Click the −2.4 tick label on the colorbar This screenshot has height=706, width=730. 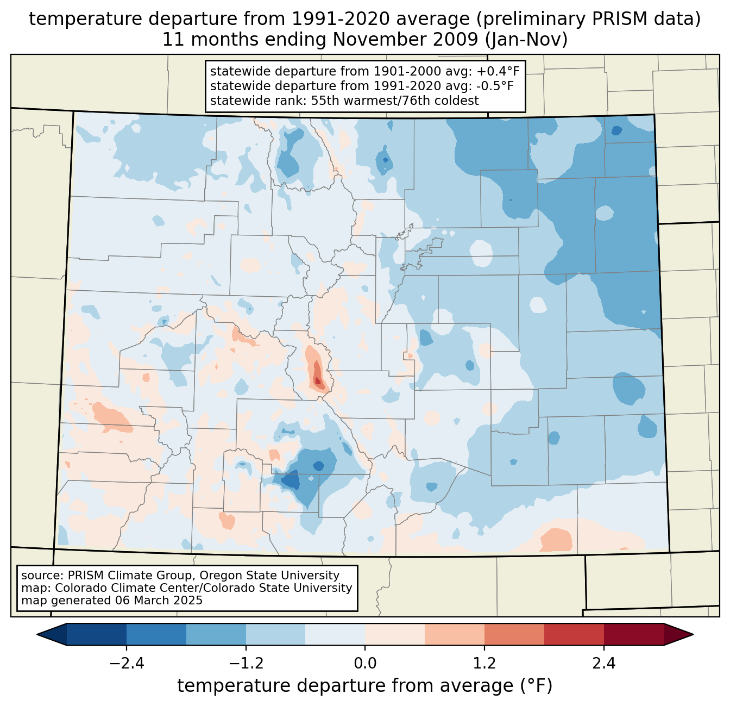pyautogui.click(x=126, y=664)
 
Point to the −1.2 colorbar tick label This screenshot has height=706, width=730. pyautogui.click(x=246, y=664)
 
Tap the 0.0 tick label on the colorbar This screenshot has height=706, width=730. pyautogui.click(x=365, y=664)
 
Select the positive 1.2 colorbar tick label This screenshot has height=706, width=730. pyautogui.click(x=484, y=664)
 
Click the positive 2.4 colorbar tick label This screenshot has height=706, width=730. pyautogui.click(x=604, y=664)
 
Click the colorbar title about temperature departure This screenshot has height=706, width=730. pyautogui.click(x=365, y=686)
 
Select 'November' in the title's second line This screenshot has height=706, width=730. pyautogui.click(x=369, y=40)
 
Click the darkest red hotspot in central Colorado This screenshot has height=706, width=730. pyautogui.click(x=318, y=381)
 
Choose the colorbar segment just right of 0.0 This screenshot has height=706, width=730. pyautogui.click(x=395, y=634)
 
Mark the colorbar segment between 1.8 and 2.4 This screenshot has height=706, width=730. pyautogui.click(x=574, y=634)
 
